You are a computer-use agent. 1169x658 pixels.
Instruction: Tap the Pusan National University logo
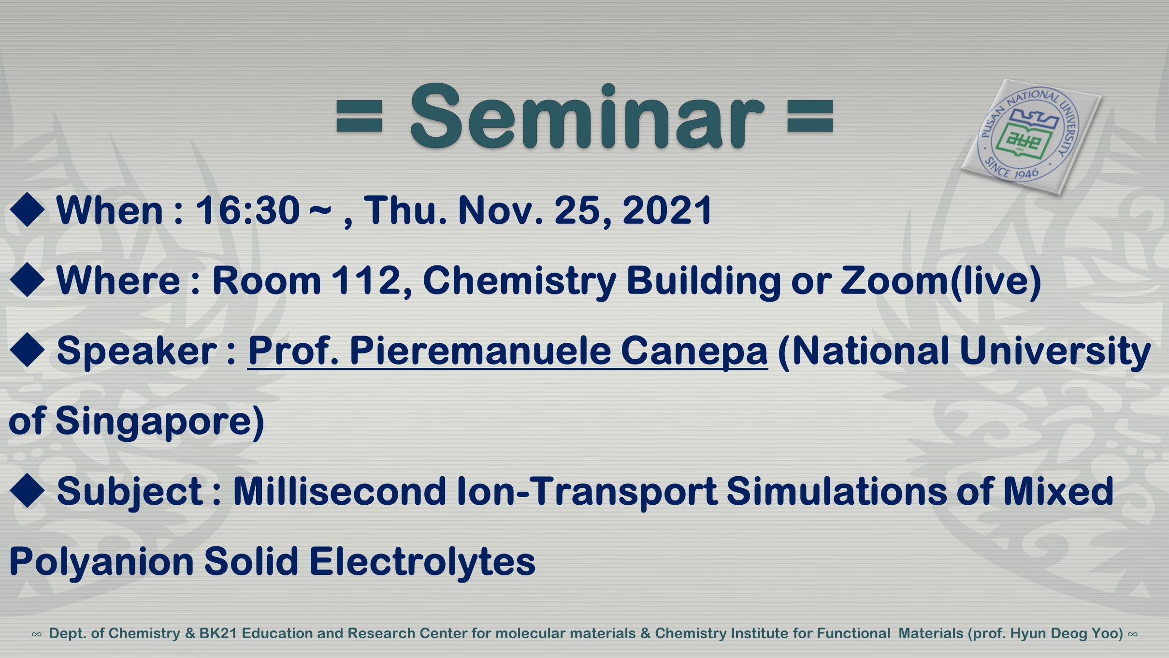(x=1031, y=137)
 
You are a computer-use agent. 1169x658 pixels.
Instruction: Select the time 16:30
(x=247, y=210)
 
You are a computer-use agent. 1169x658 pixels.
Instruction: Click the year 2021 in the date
(x=667, y=210)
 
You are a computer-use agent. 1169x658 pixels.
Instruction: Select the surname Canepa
(x=694, y=351)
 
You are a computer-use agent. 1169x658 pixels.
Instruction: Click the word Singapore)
(x=160, y=422)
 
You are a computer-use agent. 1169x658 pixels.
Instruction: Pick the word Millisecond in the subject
(x=339, y=491)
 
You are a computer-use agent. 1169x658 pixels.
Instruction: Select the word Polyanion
(x=101, y=562)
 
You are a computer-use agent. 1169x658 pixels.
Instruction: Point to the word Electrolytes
(x=422, y=562)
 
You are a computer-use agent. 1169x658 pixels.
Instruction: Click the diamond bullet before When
(x=27, y=210)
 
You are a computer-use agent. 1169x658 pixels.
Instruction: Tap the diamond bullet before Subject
(x=27, y=491)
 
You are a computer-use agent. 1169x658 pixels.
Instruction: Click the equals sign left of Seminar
(x=359, y=116)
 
